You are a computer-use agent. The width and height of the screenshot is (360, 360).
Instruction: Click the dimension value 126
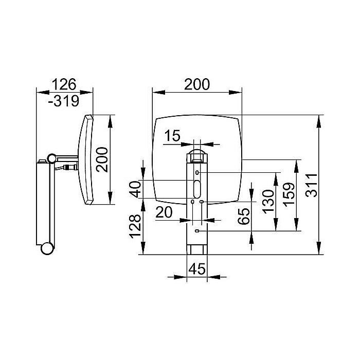(x=64, y=84)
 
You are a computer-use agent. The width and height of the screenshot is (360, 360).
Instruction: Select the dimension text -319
(x=64, y=101)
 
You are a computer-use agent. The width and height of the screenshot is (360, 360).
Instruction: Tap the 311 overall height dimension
(x=311, y=185)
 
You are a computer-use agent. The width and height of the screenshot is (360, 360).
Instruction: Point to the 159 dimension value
(x=289, y=194)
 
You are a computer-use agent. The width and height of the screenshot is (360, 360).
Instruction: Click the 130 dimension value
(x=268, y=202)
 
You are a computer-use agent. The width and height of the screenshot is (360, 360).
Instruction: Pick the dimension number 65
(x=244, y=217)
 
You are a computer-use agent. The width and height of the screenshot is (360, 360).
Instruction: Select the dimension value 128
(x=135, y=226)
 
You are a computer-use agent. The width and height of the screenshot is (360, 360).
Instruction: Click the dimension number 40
(x=135, y=189)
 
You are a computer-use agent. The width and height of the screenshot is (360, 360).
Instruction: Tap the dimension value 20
(x=164, y=212)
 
